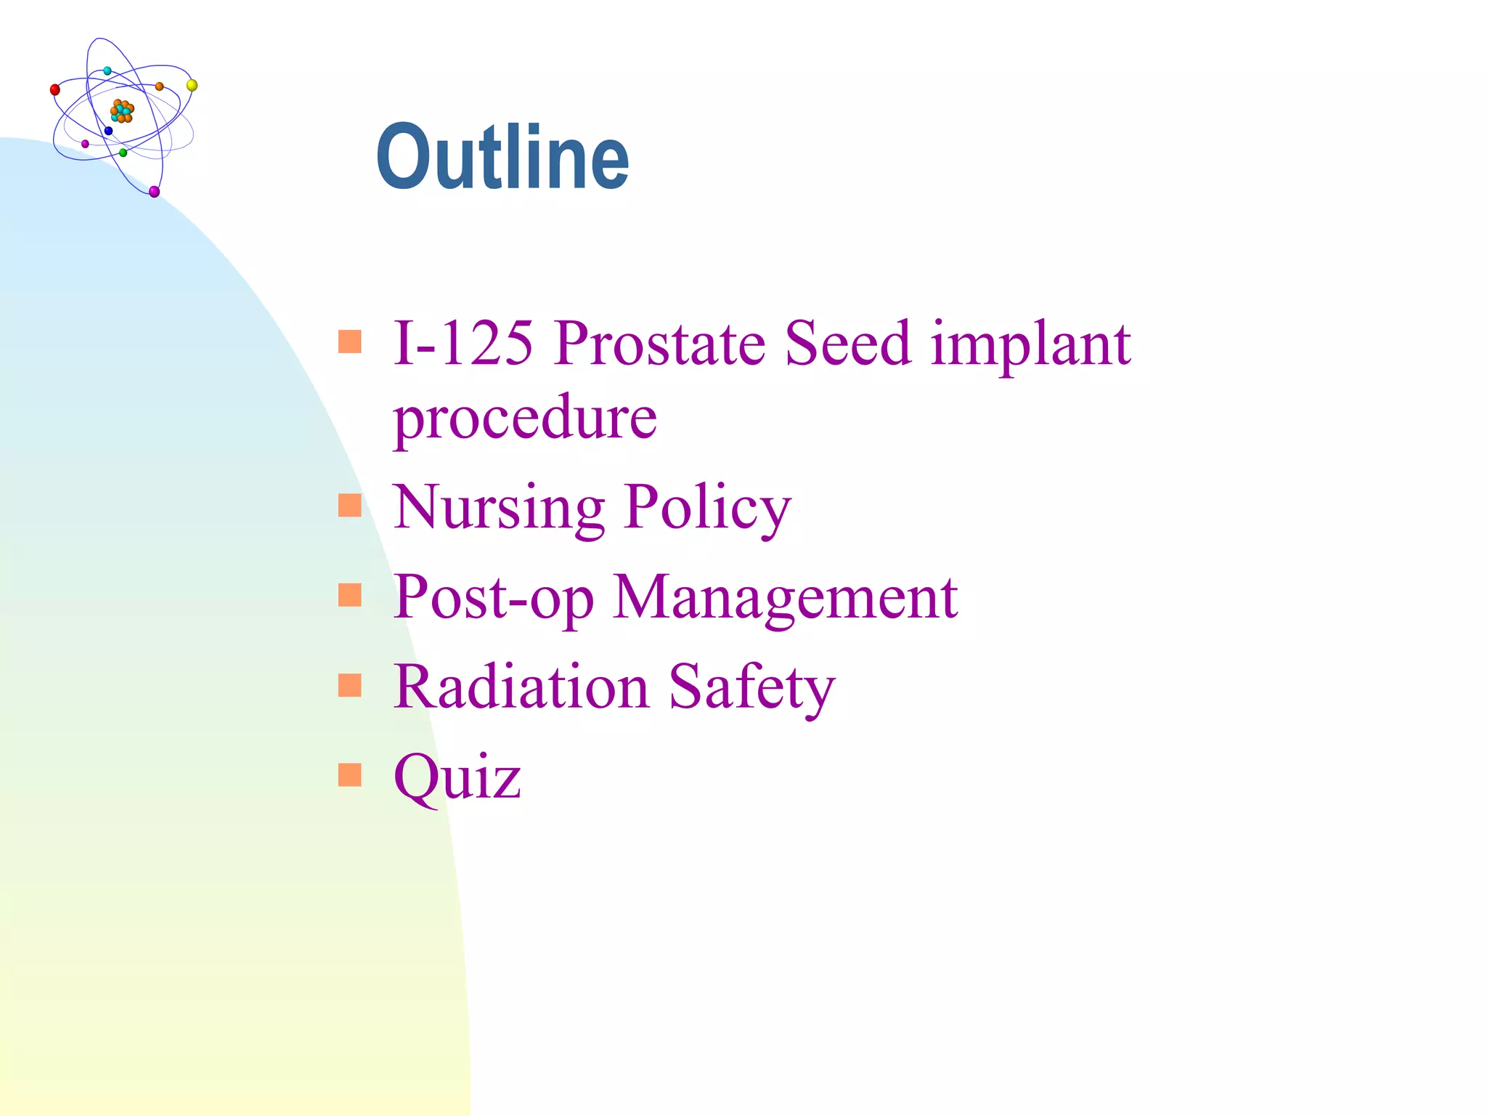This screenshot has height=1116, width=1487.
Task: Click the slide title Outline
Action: (x=502, y=158)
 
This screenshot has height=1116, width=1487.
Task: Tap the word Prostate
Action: (x=661, y=343)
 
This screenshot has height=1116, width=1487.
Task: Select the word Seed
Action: (x=847, y=343)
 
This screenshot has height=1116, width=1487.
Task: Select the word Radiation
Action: (x=521, y=687)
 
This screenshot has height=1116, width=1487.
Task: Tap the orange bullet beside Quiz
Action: (x=350, y=775)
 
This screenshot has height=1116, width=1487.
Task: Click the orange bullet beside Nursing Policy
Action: (x=350, y=505)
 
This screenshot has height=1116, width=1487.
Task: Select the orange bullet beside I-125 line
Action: (x=350, y=341)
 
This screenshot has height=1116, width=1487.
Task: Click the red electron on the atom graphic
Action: (x=55, y=90)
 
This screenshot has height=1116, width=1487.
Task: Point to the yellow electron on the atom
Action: (x=192, y=86)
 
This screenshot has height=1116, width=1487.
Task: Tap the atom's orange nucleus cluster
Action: (x=122, y=111)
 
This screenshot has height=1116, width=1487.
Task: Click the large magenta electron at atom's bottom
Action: (x=154, y=192)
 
